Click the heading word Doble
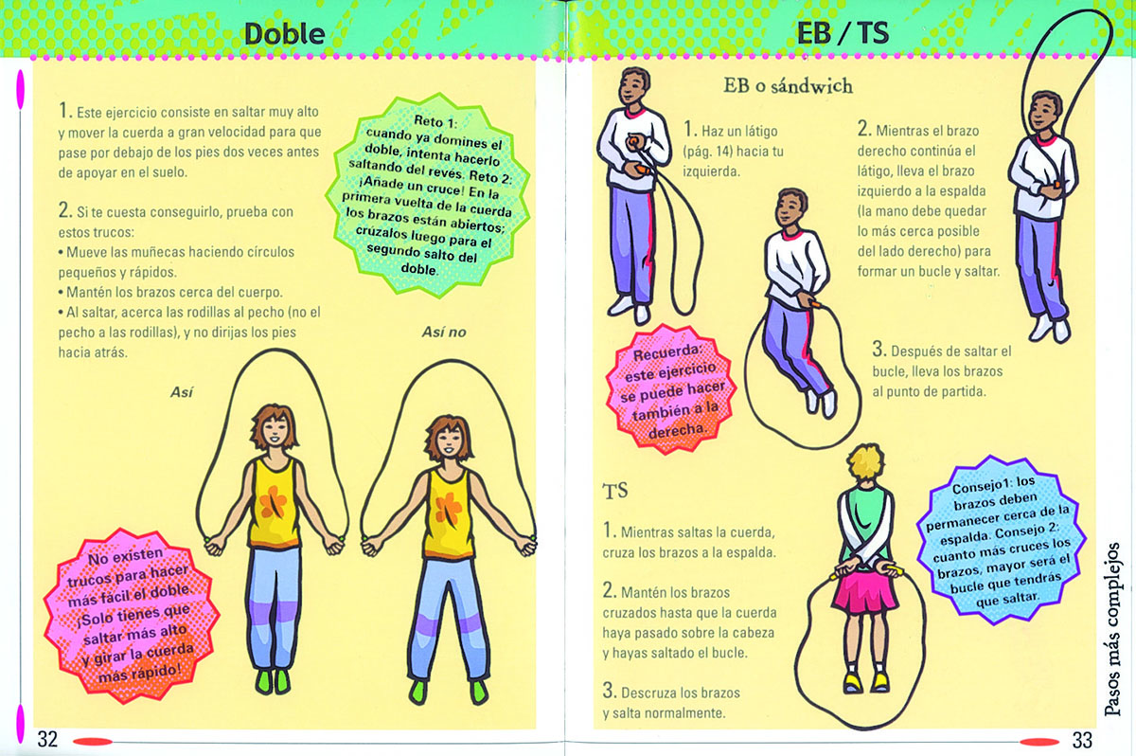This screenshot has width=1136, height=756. coord(285,34)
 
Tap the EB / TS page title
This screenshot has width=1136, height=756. coord(843,33)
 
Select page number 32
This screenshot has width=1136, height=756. coord(47,739)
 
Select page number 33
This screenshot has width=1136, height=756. coord(1082,740)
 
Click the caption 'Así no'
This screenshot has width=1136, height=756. coord(444,333)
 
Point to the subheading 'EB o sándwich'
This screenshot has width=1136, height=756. coord(788,86)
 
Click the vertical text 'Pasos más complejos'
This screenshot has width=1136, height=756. coord(1112,629)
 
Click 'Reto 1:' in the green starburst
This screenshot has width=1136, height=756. coord(435,122)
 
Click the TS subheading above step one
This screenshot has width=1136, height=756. coord(615,491)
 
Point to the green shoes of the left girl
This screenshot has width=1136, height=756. coord(273,681)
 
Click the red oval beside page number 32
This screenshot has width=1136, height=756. coord(94,742)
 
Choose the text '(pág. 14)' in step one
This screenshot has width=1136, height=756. coord(708,152)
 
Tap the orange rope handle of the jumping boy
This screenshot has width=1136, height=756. coord(816,304)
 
